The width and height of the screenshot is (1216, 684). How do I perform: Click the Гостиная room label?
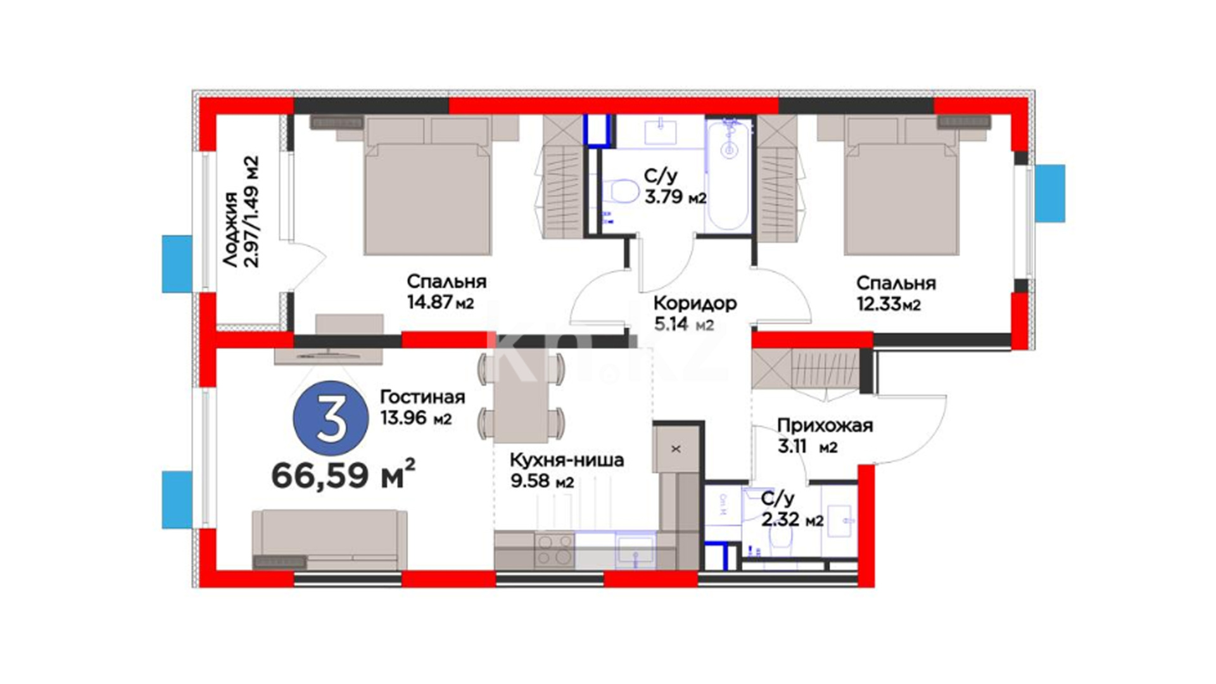point(422,397)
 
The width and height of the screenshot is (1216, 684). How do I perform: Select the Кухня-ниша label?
point(567,460)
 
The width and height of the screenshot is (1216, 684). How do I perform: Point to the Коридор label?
point(695,303)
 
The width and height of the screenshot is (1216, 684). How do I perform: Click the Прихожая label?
point(825,426)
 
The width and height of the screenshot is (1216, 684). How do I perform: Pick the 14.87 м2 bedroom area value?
point(440,302)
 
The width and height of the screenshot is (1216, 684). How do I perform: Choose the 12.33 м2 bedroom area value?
point(889,304)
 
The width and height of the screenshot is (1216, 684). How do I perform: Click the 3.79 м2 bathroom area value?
point(675,197)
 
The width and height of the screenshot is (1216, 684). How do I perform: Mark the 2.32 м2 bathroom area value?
point(792,520)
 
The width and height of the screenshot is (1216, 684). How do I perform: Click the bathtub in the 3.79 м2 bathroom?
point(728,175)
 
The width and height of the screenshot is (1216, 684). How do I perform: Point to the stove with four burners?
point(554,550)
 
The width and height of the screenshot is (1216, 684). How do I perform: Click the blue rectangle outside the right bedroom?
point(1050,193)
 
